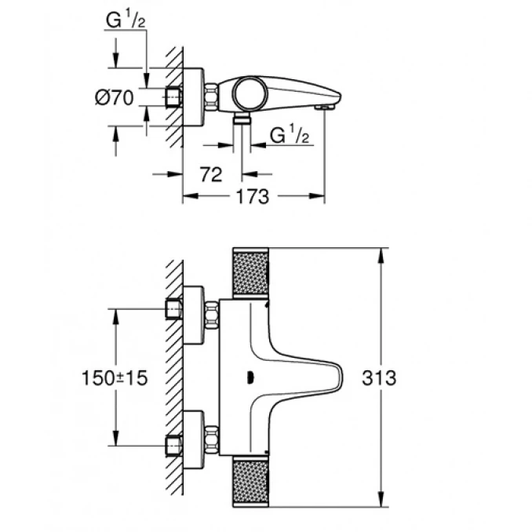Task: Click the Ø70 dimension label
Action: [x=115, y=98]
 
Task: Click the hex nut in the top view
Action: [x=211, y=99]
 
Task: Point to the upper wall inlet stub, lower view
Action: [x=174, y=310]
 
